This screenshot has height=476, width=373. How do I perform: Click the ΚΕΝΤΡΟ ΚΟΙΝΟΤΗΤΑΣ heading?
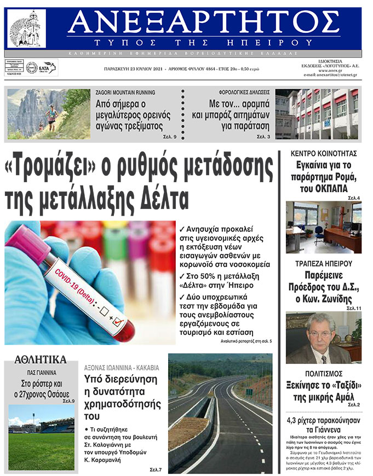pyautogui.click(x=324, y=153)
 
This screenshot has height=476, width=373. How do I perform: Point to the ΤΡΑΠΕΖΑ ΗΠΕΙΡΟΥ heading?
pyautogui.click(x=323, y=263)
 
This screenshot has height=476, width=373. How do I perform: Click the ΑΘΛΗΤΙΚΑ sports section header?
pyautogui.click(x=41, y=359)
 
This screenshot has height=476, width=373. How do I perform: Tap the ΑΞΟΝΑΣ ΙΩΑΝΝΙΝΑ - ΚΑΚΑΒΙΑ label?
pyautogui.click(x=122, y=368)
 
